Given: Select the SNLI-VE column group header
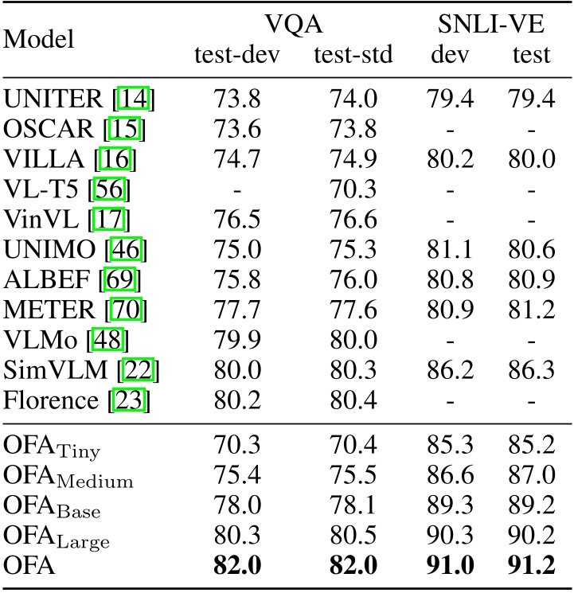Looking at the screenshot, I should pyautogui.click(x=491, y=25).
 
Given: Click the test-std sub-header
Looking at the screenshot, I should pyautogui.click(x=353, y=55).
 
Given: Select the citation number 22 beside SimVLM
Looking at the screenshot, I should pyautogui.click(x=146, y=371).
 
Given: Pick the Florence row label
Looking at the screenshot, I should pyautogui.click(x=55, y=400).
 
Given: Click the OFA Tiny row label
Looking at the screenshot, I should pyautogui.click(x=52, y=450).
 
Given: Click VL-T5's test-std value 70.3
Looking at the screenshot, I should pyautogui.click(x=353, y=190).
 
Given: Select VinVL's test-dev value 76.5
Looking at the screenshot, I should pyautogui.click(x=237, y=220).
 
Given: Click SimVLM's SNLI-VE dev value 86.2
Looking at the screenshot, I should pyautogui.click(x=451, y=371).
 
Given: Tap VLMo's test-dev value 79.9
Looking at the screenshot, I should pyautogui.click(x=237, y=341).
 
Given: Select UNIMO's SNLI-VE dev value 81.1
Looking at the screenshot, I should pyautogui.click(x=451, y=251).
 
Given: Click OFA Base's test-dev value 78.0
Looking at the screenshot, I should pyautogui.click(x=237, y=510).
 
